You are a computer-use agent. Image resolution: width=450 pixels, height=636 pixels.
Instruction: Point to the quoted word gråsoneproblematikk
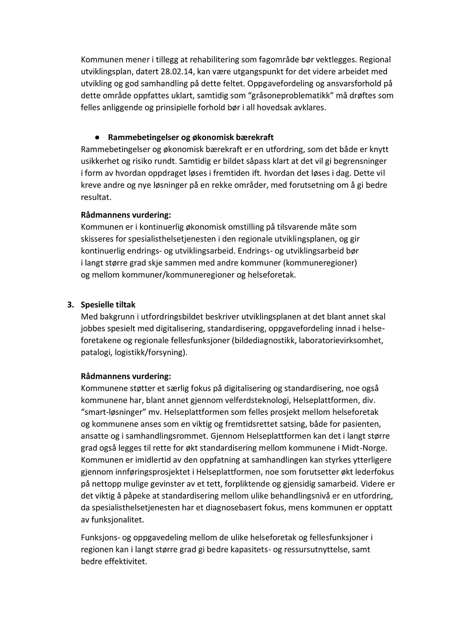[285, 96]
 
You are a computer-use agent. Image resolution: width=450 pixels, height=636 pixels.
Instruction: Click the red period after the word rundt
[176, 161]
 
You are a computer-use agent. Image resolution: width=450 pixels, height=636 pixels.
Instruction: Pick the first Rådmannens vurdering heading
[126, 215]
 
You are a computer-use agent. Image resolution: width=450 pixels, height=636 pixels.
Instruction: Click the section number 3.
[71, 305]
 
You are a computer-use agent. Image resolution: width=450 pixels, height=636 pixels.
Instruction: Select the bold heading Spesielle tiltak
[108, 305]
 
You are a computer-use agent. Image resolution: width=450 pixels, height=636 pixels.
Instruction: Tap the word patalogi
[96, 353]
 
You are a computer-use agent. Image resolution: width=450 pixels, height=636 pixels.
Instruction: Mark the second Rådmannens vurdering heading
[126, 377]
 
